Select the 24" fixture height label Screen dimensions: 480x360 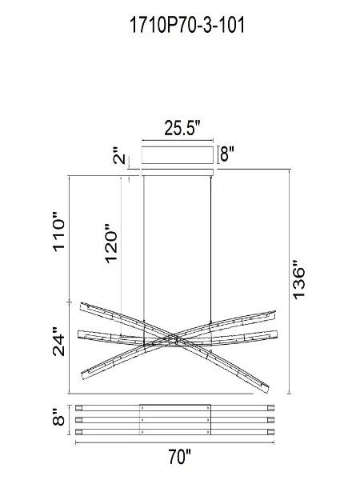pos(58,342)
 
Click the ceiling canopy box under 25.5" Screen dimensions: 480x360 pos(178,155)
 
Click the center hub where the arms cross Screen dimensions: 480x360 pos(177,345)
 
